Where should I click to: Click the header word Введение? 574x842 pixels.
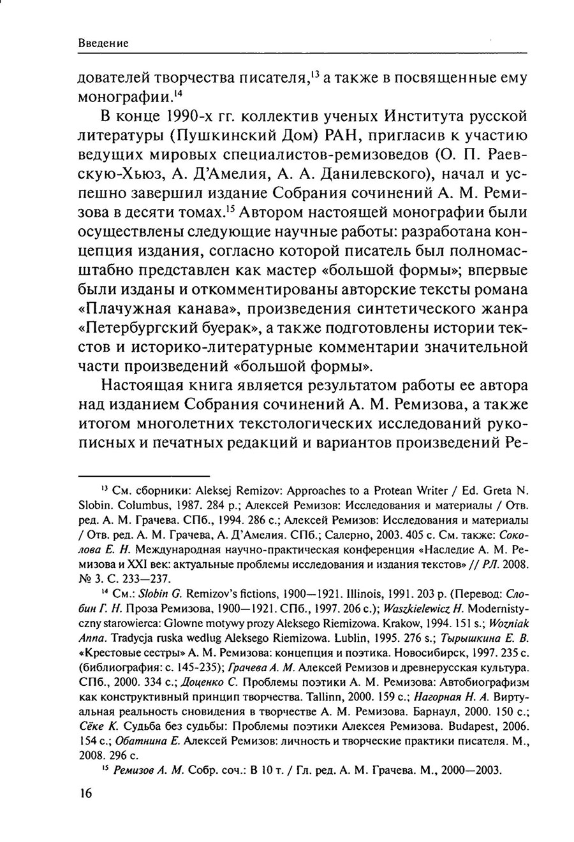[x=103, y=43]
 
